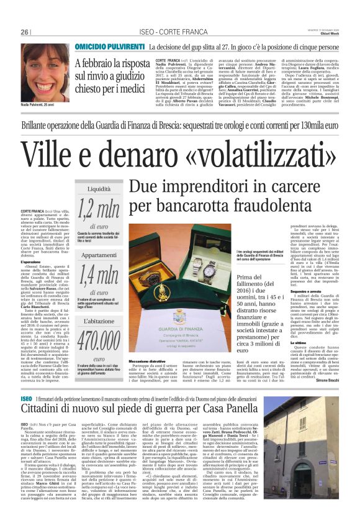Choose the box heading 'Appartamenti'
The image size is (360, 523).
click(99, 255)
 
